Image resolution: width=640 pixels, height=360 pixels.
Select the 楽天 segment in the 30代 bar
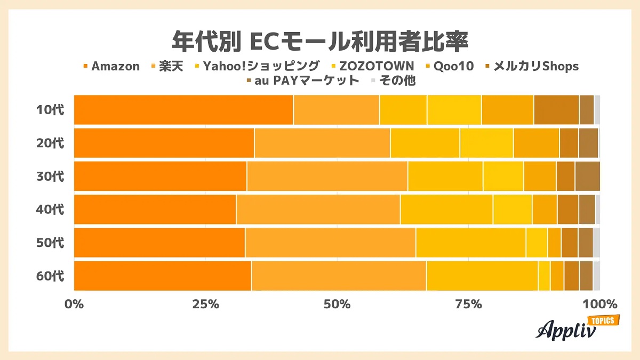pyautogui.click(x=327, y=176)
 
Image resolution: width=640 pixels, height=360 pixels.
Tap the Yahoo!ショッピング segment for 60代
pyautogui.click(x=482, y=276)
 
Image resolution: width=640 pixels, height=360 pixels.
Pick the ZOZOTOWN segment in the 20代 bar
pyautogui.click(x=486, y=143)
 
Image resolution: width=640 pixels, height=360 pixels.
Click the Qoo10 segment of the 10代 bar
pyautogui.click(x=507, y=110)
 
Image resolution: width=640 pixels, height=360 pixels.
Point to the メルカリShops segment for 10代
pyautogui.click(x=556, y=110)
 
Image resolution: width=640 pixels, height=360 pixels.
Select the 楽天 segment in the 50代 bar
pyautogui.click(x=330, y=243)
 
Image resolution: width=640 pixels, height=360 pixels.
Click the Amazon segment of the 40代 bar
pyautogui.click(x=155, y=209)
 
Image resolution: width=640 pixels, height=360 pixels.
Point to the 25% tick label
pyautogui.click(x=206, y=305)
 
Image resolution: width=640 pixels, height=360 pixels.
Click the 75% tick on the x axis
pyautogui.click(x=469, y=305)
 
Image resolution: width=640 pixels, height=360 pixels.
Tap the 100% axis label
pyautogui.click(x=599, y=305)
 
